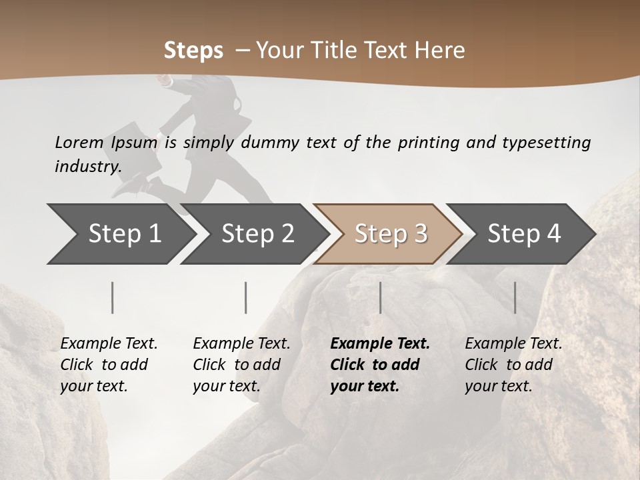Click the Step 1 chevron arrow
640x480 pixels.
(x=120, y=233)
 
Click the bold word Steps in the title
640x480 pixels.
(x=193, y=50)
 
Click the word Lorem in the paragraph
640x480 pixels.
(x=79, y=142)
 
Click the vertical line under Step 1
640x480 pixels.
(x=113, y=297)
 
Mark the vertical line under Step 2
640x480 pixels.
(x=246, y=297)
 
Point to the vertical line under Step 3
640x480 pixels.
(x=380, y=297)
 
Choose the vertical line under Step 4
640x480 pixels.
(x=515, y=297)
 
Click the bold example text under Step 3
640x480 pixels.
(x=380, y=365)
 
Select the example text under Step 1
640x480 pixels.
(x=109, y=365)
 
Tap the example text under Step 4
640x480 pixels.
(x=513, y=365)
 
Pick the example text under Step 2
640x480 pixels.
(x=241, y=365)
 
